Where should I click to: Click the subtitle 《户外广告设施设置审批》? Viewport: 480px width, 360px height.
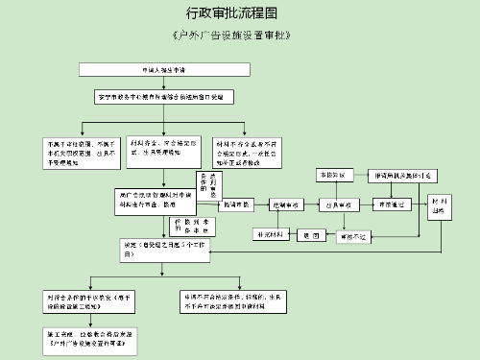point(231,36)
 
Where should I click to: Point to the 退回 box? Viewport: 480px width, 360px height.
point(309,234)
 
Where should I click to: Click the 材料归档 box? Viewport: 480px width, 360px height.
point(441,207)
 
